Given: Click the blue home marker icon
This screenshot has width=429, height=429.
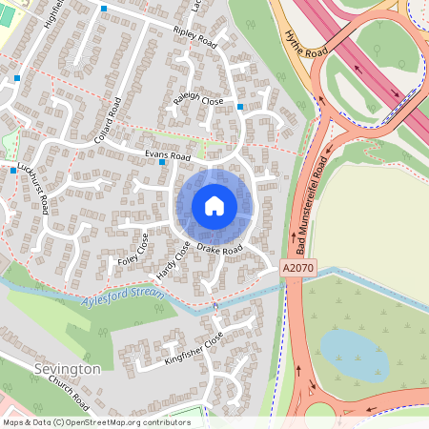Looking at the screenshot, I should click(x=214, y=205).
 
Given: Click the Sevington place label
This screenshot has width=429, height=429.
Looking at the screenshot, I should click(x=66, y=369).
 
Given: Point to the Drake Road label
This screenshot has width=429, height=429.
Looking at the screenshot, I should click(x=220, y=250).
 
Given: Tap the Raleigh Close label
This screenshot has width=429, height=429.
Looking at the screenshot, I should click(x=199, y=100).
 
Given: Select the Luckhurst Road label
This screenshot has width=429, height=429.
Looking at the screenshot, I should click(x=33, y=187).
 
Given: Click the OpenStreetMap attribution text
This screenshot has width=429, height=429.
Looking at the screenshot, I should click(x=83, y=421).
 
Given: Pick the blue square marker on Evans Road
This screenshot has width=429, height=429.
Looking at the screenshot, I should click(x=163, y=162).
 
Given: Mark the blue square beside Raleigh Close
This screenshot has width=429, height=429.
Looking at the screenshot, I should click(x=240, y=107).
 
